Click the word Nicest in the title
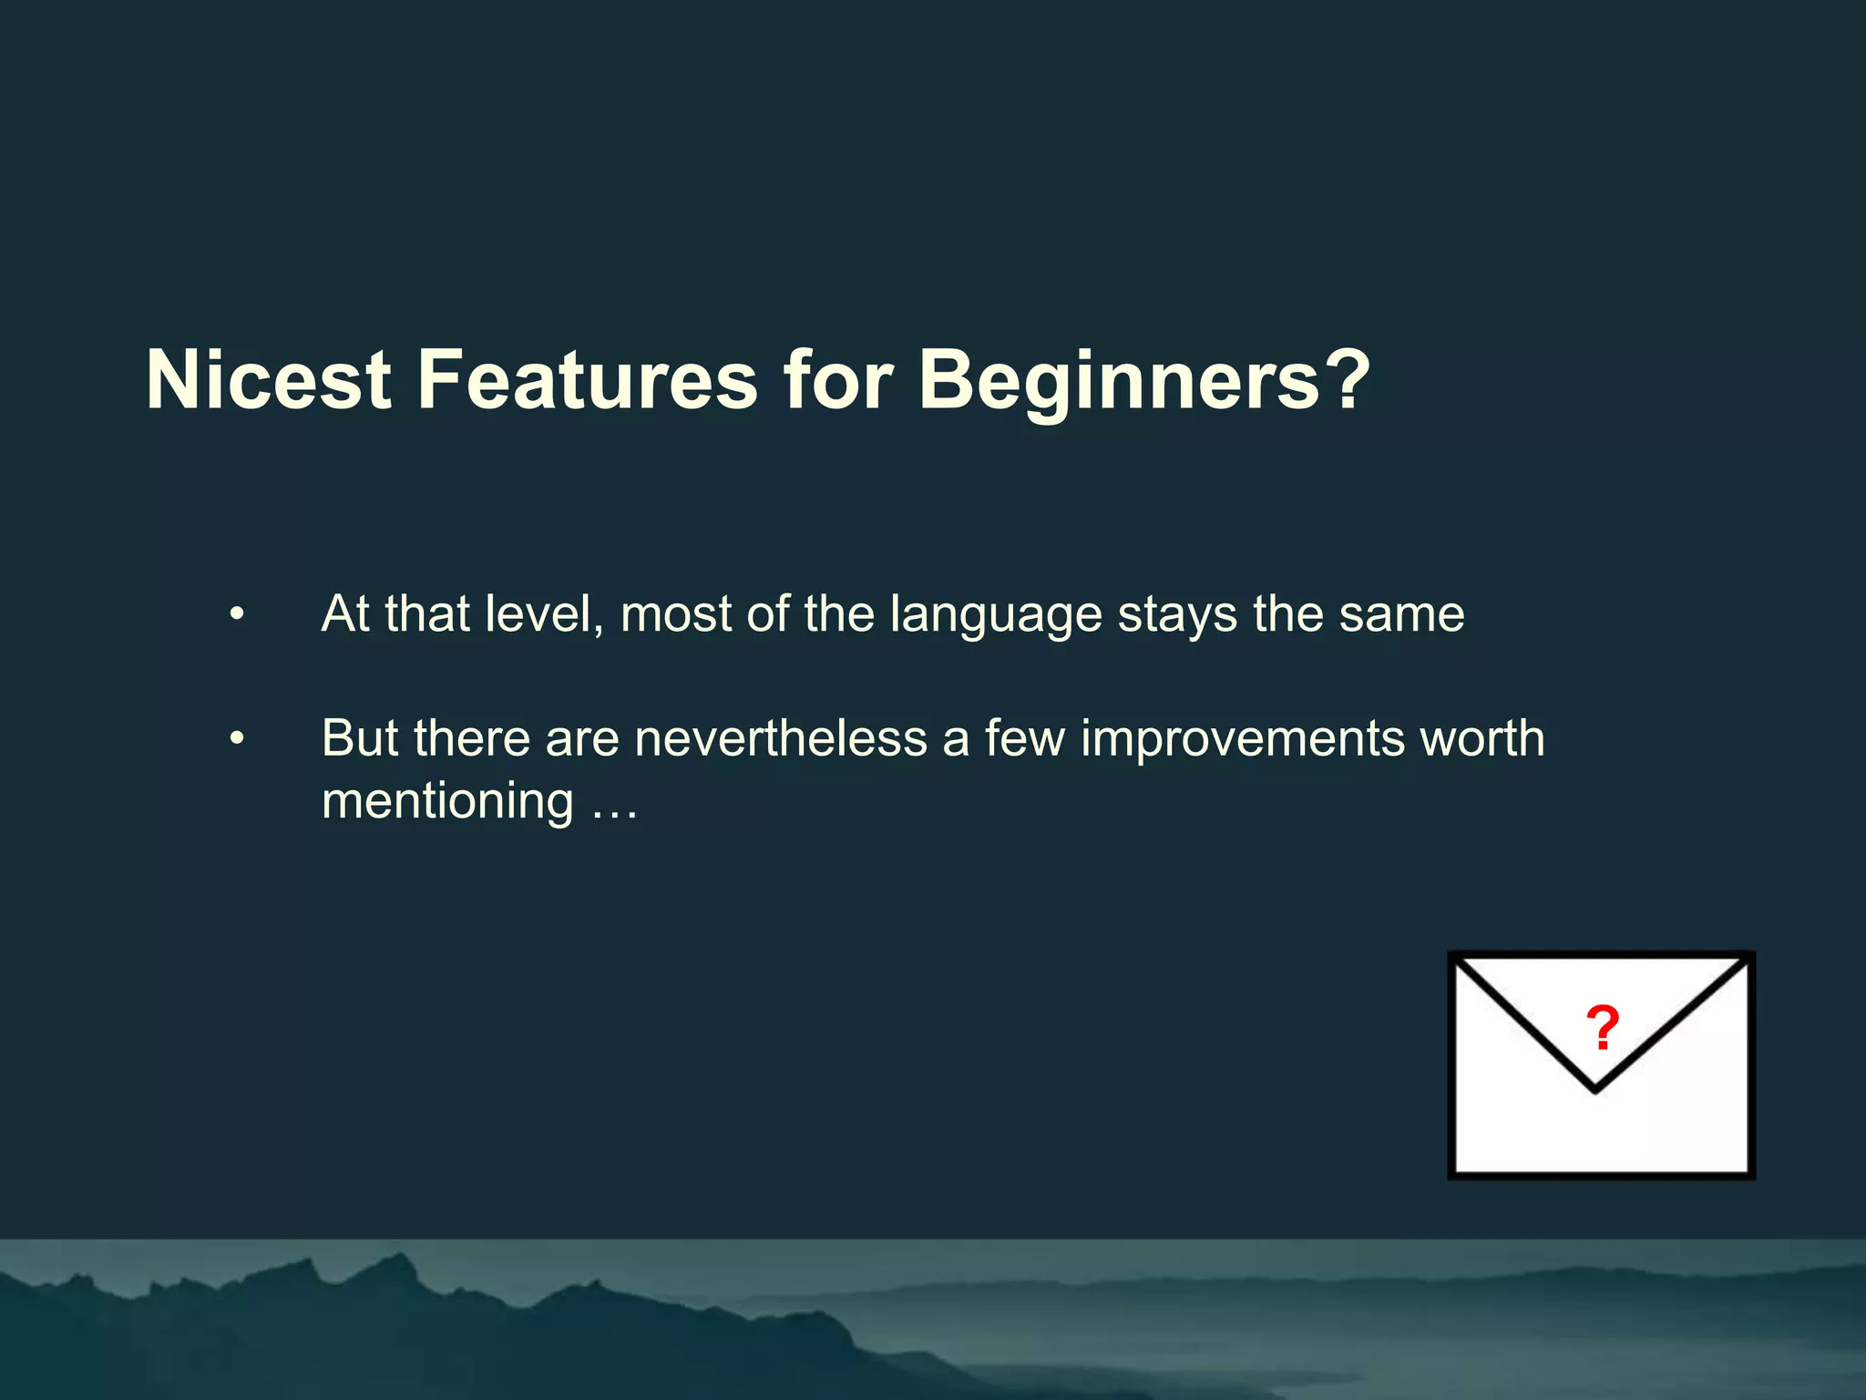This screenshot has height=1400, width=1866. coord(269,380)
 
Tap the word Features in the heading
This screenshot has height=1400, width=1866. coord(588,380)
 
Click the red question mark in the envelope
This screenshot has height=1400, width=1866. coord(1602,1028)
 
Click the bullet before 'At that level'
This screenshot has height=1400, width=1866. coord(237,614)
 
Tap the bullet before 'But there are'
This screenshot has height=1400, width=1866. coord(237,739)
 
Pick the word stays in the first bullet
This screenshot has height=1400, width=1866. coord(1177,614)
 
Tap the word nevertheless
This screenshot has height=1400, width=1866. coord(781,738)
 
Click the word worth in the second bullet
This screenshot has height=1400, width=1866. coord(1482,738)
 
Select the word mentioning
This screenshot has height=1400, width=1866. coord(447,802)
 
